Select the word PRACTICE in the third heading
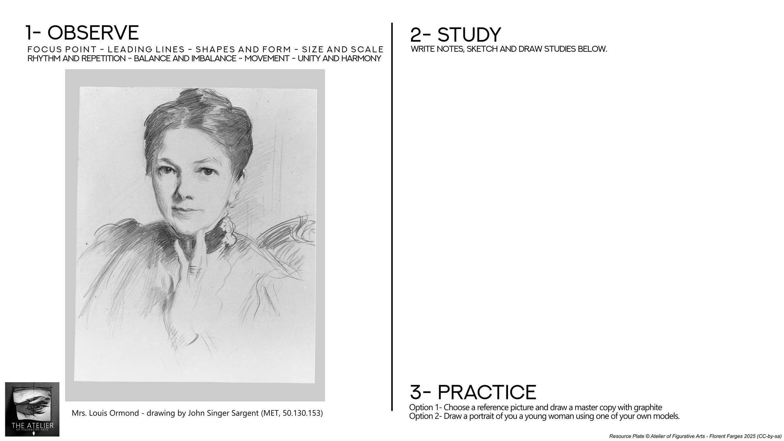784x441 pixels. tap(487, 392)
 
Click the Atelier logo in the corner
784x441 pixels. tap(32, 409)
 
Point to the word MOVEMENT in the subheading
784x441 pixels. tap(267, 58)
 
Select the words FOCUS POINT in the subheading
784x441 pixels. tap(62, 50)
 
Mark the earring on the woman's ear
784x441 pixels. tap(232, 204)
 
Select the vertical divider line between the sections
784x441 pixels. tap(392, 217)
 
